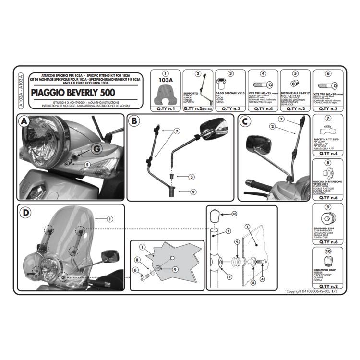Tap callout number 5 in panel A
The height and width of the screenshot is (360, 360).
point(87,165)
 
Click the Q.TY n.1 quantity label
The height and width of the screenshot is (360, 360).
point(163,109)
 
